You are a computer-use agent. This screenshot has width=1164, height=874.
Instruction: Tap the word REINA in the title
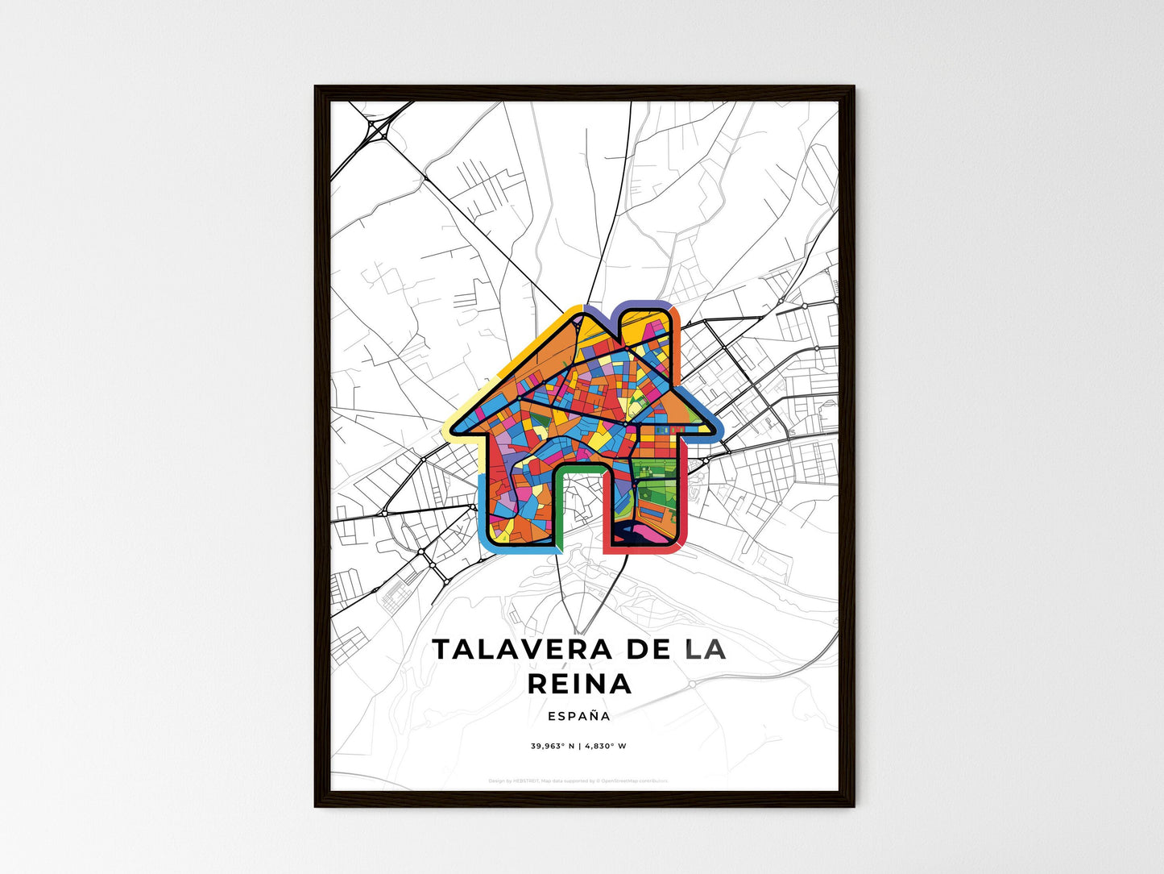click(x=580, y=684)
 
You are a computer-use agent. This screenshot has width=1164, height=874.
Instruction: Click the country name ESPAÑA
click(x=578, y=716)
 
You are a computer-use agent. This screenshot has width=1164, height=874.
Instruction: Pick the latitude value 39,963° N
click(x=551, y=746)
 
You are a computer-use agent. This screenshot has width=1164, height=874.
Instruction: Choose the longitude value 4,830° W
click(x=605, y=746)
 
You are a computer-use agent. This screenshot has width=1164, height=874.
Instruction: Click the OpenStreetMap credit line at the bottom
click(x=578, y=780)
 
